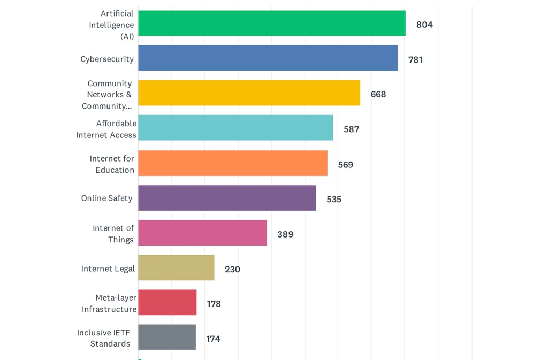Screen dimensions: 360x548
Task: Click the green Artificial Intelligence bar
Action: [271, 24]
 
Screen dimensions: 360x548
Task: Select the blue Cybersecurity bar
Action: [268, 58]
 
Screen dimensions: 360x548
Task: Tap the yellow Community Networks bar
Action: [249, 93]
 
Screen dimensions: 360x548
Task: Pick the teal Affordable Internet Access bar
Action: [235, 128]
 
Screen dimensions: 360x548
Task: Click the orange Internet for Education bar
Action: [233, 163]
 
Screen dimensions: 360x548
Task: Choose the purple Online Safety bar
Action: [227, 198]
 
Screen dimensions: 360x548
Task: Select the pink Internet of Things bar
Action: [202, 233]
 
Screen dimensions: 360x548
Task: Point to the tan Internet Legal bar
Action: [176, 267]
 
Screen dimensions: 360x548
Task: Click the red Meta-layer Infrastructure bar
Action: [167, 303]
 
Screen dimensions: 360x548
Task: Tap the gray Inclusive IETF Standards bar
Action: [167, 338]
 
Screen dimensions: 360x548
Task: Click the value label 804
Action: [424, 25]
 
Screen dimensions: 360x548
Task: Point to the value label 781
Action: [415, 59]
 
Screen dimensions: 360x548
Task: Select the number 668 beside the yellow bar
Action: [378, 94]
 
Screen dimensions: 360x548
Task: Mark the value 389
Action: [285, 234]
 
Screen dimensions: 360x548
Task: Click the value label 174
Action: [213, 339]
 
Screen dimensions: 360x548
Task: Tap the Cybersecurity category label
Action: [107, 59]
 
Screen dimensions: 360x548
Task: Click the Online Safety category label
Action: [106, 198]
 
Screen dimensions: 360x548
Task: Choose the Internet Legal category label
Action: [108, 269]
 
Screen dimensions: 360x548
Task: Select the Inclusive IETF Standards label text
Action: [104, 338]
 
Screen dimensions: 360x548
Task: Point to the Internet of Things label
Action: [113, 234]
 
